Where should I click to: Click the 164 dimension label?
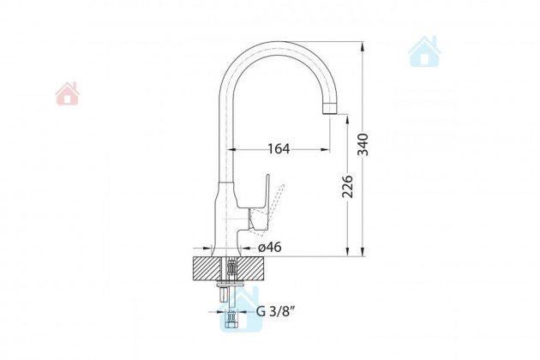point(279,149)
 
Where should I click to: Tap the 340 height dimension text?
point(363,144)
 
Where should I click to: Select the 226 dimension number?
point(347,187)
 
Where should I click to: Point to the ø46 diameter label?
point(270,247)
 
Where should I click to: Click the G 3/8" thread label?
point(276,311)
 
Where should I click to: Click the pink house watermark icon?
point(68,93)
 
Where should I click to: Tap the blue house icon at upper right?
point(424,51)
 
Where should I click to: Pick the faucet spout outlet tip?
point(330,108)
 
